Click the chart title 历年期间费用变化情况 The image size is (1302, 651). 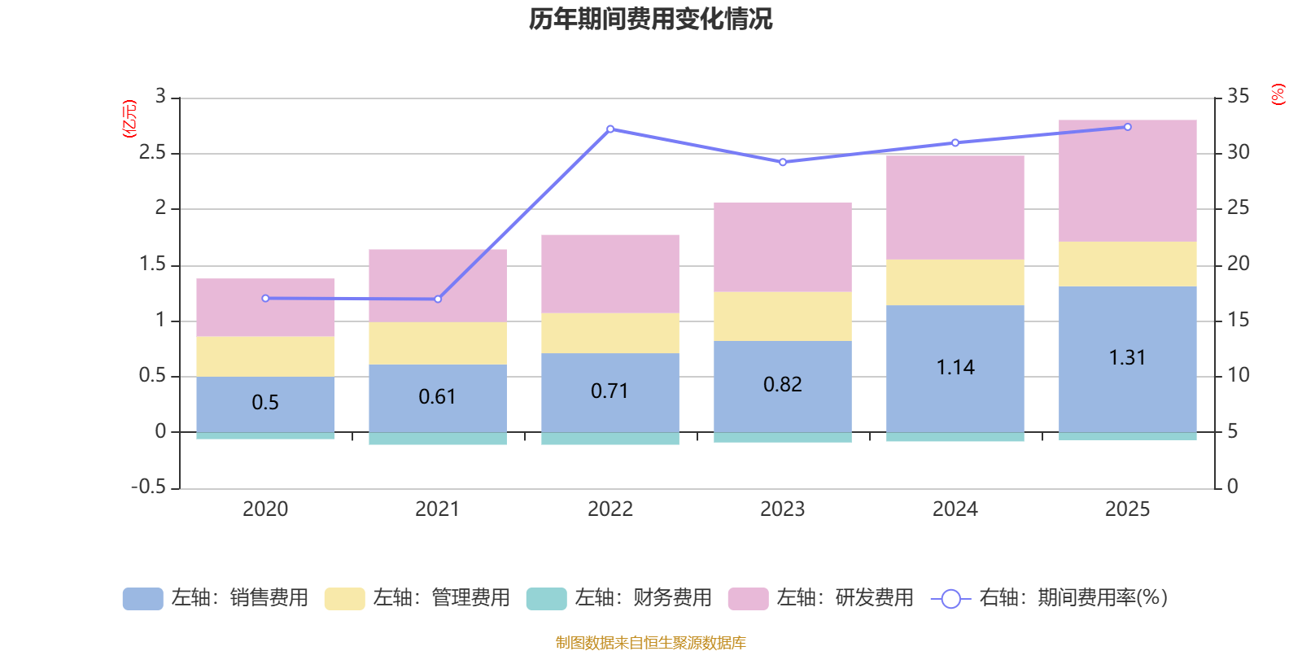tap(650, 19)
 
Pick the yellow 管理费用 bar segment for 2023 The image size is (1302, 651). tap(782, 317)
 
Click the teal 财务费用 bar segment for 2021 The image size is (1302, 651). tap(437, 439)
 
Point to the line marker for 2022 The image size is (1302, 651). tap(610, 129)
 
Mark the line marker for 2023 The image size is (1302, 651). tap(783, 162)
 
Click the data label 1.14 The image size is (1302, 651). tap(955, 368)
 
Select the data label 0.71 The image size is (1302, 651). tap(609, 391)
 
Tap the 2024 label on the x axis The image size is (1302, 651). tap(955, 509)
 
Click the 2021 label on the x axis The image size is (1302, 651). tap(437, 509)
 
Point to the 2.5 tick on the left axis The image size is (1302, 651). tap(152, 153)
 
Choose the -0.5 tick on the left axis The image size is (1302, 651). tap(148, 487)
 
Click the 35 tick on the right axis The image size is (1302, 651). tap(1238, 97)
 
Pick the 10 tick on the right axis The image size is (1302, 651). tap(1238, 375)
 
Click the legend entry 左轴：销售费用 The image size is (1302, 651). tap(216, 598)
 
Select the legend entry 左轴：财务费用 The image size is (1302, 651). tap(619, 598)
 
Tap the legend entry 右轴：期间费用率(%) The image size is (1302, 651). tap(1050, 598)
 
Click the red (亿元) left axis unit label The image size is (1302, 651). tap(129, 119)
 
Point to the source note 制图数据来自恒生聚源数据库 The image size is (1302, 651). tap(650, 643)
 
